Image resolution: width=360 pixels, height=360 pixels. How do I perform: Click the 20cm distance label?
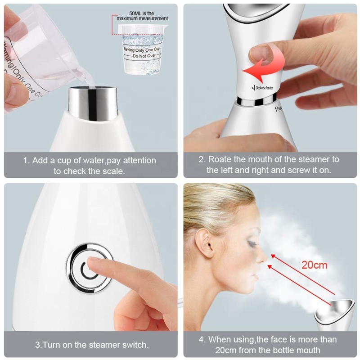coord(315,265)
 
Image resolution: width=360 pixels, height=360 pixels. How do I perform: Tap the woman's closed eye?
coord(249,244)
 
